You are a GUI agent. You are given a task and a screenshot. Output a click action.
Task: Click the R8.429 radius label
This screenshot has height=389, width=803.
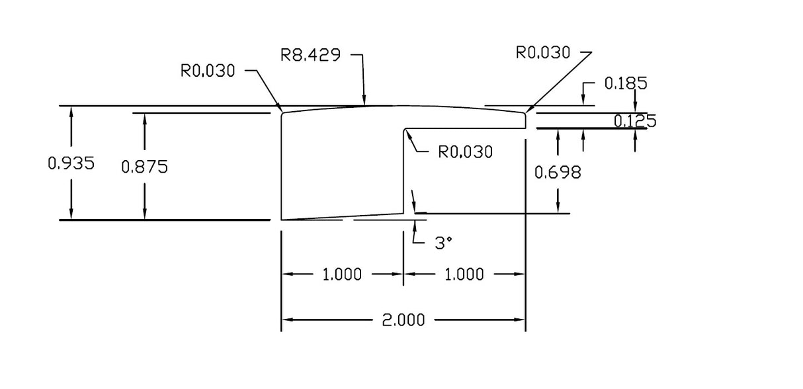click(311, 55)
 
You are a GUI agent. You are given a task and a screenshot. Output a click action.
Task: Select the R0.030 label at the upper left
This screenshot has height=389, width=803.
click(208, 71)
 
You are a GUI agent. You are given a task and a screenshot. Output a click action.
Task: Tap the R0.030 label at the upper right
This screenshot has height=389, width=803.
click(542, 53)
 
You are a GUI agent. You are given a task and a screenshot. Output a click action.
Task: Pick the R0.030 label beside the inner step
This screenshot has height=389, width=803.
click(466, 152)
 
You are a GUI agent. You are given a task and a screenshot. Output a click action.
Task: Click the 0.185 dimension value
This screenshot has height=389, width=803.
click(626, 83)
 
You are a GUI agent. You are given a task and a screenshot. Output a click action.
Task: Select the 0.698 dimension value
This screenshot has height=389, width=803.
click(558, 173)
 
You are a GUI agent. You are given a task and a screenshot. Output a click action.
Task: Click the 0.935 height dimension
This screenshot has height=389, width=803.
click(71, 163)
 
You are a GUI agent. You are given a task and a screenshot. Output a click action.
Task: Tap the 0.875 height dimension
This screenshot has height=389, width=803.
click(145, 167)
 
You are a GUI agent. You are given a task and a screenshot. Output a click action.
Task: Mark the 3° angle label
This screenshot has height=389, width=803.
click(443, 243)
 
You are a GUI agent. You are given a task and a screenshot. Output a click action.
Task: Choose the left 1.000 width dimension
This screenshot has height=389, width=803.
click(342, 274)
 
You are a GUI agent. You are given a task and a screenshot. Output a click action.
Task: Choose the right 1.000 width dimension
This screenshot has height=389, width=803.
click(464, 274)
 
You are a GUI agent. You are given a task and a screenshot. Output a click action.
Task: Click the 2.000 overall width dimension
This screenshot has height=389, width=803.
click(403, 321)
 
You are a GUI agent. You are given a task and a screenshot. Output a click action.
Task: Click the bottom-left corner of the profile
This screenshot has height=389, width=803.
click(282, 219)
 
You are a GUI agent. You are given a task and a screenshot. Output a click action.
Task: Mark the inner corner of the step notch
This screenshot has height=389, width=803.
click(405, 130)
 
